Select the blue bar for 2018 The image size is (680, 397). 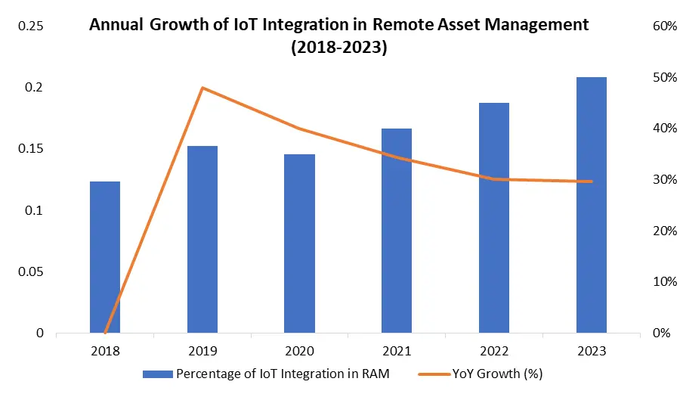click(x=105, y=257)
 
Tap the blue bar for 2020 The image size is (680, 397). click(x=299, y=243)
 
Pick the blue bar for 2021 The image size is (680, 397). click(x=397, y=231)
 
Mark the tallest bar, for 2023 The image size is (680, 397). click(x=592, y=205)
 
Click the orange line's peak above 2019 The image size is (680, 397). click(x=202, y=88)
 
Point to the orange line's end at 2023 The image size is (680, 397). click(x=592, y=181)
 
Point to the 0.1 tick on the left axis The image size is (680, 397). click(x=35, y=210)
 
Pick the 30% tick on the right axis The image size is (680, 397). click(x=663, y=180)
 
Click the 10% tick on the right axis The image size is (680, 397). click(x=663, y=282)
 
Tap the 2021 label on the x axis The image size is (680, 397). click(x=397, y=351)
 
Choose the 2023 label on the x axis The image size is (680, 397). click(x=592, y=351)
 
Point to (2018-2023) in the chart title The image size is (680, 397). click(x=339, y=48)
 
